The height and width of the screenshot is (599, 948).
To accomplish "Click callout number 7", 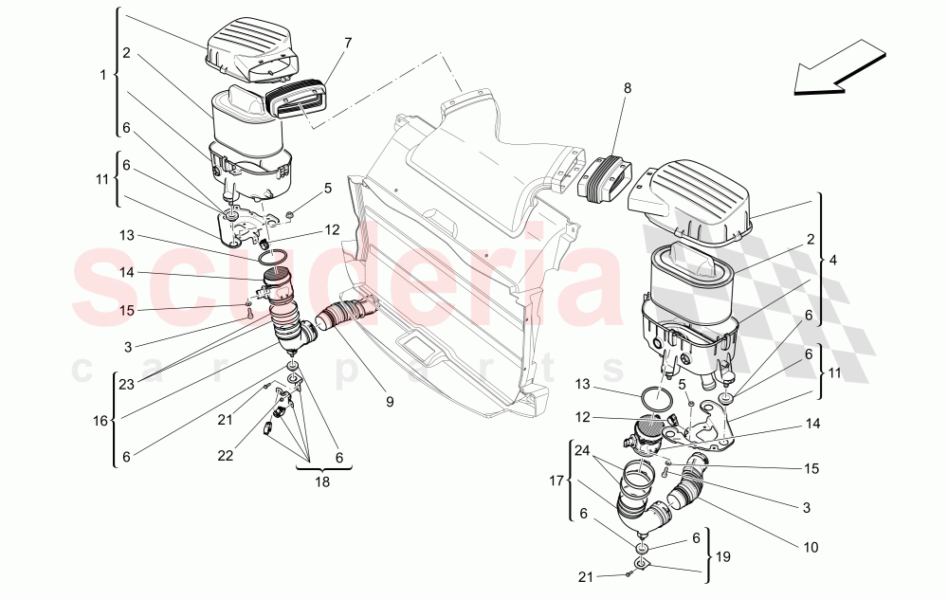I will coord(348,43).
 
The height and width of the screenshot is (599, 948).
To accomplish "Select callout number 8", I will coord(627,87).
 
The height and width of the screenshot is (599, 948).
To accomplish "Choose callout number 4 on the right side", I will coord(832,259).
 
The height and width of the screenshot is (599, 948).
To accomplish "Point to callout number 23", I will coord(127,384).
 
